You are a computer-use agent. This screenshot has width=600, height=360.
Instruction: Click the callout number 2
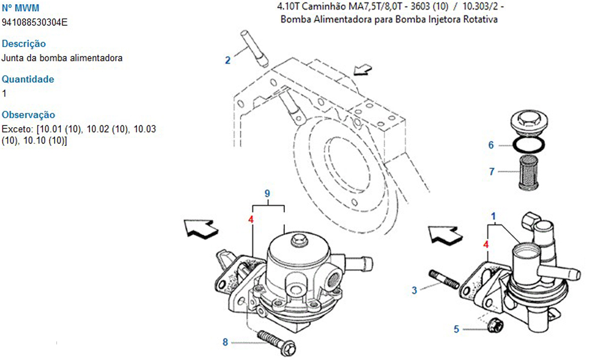(227, 59)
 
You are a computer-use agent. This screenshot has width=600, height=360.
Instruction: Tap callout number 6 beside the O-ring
(490, 145)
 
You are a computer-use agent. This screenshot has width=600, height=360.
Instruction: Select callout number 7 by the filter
(491, 172)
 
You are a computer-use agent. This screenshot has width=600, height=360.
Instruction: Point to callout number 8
(225, 343)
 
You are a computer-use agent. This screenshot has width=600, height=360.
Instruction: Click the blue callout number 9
(268, 193)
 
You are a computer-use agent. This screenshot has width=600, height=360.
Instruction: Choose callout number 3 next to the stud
(414, 290)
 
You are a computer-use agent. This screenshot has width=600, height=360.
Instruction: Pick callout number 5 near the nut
(456, 329)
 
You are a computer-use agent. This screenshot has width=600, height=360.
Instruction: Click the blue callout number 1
(493, 215)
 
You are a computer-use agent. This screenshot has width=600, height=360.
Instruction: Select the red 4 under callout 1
(486, 244)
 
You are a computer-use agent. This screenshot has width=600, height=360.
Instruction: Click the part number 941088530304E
(35, 22)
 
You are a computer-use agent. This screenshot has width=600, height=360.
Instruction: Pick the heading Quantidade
(28, 79)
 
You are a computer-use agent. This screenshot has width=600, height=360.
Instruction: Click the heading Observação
(29, 115)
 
